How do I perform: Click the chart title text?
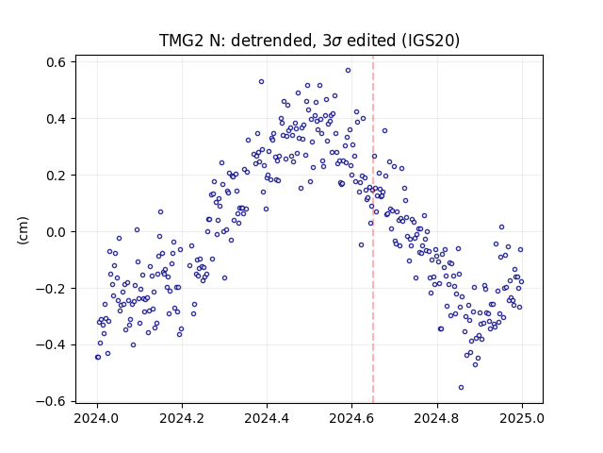[309, 41]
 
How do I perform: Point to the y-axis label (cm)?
[23, 230]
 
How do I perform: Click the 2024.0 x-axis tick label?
[97, 418]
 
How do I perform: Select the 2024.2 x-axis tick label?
[182, 418]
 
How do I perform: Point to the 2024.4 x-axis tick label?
[267, 418]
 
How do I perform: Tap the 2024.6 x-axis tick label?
[351, 418]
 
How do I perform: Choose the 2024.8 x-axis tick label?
[437, 418]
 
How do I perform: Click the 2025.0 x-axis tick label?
[522, 418]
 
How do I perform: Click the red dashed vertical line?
[373, 229]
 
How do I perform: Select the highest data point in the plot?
[348, 71]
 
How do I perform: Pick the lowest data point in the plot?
[461, 388]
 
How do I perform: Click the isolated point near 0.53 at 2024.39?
[262, 82]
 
